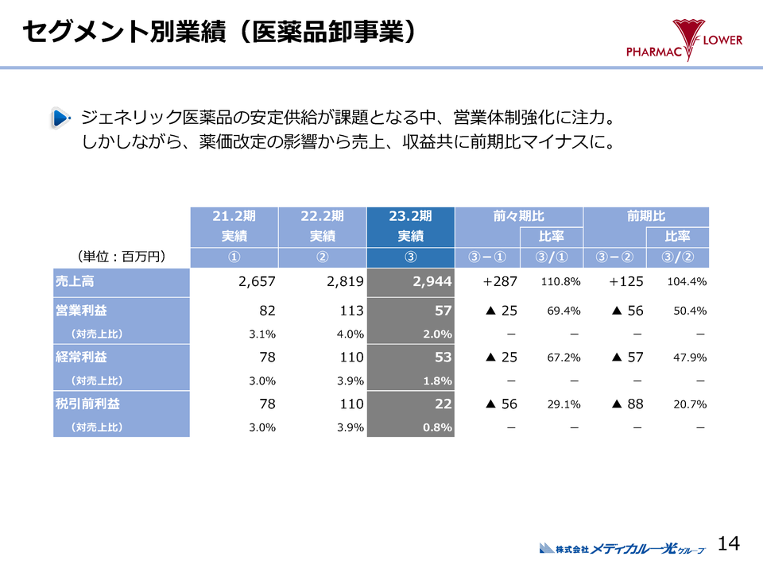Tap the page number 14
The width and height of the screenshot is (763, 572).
(x=729, y=543)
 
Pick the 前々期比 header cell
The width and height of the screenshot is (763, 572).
(x=518, y=216)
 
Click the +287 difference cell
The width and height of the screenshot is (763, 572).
(x=500, y=281)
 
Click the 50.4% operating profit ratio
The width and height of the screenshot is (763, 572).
(x=689, y=311)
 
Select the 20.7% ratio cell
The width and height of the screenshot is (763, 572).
(x=689, y=404)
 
